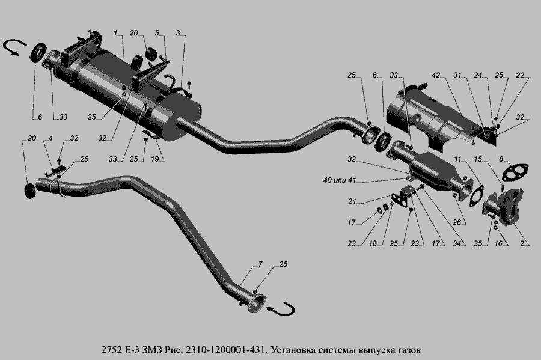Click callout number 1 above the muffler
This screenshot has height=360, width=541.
(x=115, y=32)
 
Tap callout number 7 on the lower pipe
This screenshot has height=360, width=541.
(x=260, y=264)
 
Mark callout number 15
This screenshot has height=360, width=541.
(x=478, y=159)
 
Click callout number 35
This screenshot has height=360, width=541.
(x=478, y=244)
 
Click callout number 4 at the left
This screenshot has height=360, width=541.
(x=51, y=138)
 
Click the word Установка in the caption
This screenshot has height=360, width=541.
(x=297, y=349)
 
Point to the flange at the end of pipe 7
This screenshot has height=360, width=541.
(x=257, y=302)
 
